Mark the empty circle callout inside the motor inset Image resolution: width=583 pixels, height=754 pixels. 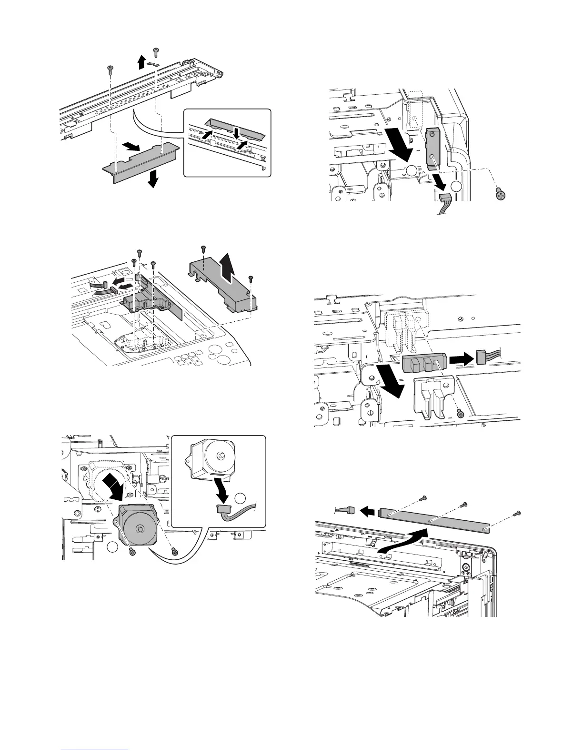click(241, 498)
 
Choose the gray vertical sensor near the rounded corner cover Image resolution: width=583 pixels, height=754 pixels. click(432, 148)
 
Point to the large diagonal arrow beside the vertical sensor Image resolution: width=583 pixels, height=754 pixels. click(396, 140)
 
